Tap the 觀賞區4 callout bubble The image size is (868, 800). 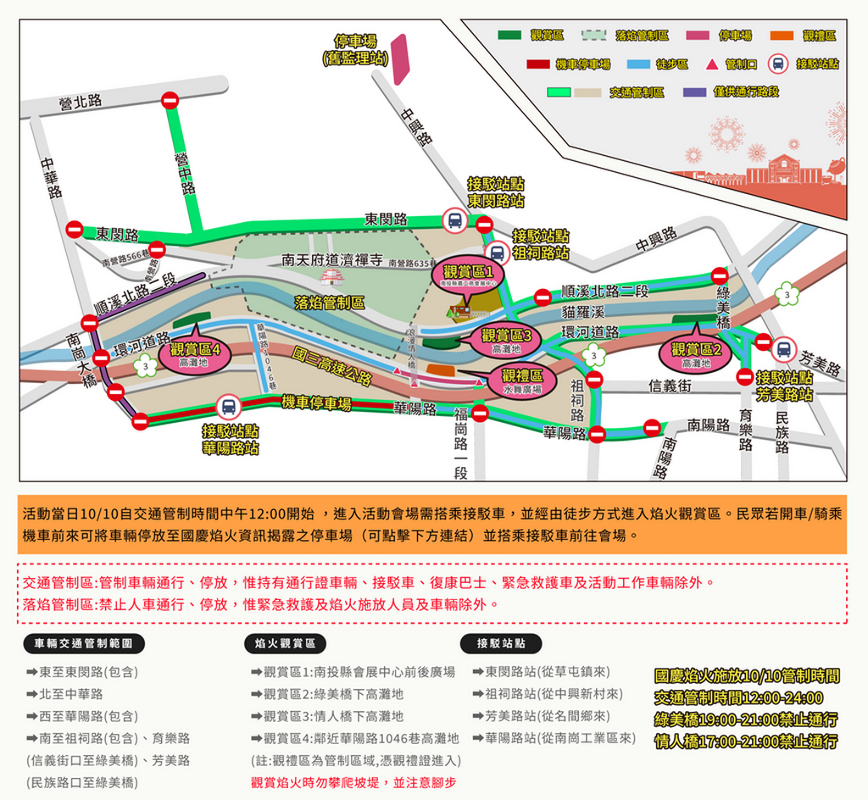[195, 353]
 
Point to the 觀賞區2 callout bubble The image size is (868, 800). [696, 353]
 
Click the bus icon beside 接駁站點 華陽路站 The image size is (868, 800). [228, 407]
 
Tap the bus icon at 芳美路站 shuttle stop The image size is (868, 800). [783, 348]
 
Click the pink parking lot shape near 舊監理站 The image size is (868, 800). [400, 59]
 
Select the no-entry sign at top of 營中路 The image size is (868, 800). [170, 100]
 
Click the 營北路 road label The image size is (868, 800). [81, 102]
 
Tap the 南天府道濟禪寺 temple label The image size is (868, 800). [332, 261]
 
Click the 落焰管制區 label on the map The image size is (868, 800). [330, 303]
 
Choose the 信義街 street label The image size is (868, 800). [670, 386]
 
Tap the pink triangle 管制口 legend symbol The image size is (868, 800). [712, 64]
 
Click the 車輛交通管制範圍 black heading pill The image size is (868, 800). [83, 643]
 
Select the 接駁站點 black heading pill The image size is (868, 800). [501, 643]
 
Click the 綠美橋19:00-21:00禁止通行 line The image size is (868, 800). [746, 719]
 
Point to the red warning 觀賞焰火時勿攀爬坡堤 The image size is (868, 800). [353, 782]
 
